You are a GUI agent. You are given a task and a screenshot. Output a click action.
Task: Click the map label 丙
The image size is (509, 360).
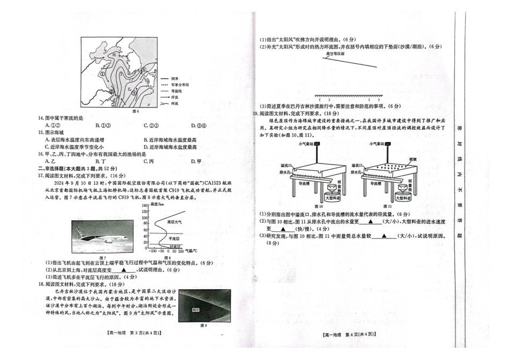(114, 55)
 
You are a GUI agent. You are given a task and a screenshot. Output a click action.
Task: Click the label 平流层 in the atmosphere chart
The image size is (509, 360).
(174, 239)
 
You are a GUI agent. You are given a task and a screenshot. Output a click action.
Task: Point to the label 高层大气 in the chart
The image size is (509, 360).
(175, 221)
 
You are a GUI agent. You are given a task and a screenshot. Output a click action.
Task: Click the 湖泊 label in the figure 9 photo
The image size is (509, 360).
(188, 309)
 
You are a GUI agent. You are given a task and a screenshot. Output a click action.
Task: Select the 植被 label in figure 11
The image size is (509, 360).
(412, 159)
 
